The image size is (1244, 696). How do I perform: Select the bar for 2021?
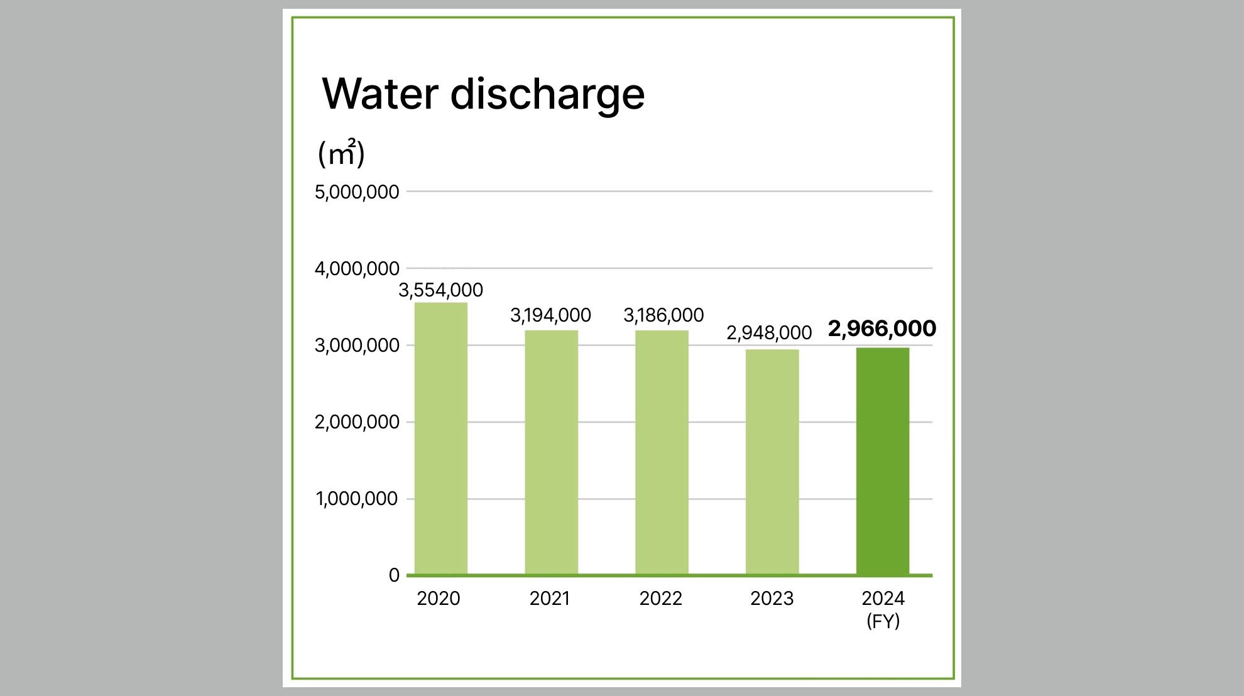coord(551,452)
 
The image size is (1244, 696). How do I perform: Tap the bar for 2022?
coord(662,452)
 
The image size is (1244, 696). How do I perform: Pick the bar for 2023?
coord(772,462)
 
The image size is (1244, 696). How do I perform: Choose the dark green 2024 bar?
coord(882,461)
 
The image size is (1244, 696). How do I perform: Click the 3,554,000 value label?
coord(440,290)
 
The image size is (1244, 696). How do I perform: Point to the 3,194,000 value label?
coord(550,315)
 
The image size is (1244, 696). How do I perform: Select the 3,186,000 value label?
coord(663,315)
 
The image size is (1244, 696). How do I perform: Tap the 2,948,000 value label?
coord(769,333)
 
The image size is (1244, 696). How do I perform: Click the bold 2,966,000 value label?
coord(882,329)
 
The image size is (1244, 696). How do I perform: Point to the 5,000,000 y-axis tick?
coord(357,192)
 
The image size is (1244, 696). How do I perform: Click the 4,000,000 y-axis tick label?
coord(357,269)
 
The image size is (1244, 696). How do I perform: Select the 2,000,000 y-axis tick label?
coord(357,422)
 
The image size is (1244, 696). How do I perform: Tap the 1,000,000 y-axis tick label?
coord(357,499)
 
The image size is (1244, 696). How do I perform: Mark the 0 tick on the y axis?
coord(394,575)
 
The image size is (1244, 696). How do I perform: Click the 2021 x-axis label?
coord(550,599)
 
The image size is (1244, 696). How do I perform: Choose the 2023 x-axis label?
coord(772,599)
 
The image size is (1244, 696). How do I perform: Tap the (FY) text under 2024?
coord(883,621)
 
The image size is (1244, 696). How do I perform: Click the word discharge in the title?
coord(547,94)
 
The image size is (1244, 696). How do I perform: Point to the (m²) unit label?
coord(341,153)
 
